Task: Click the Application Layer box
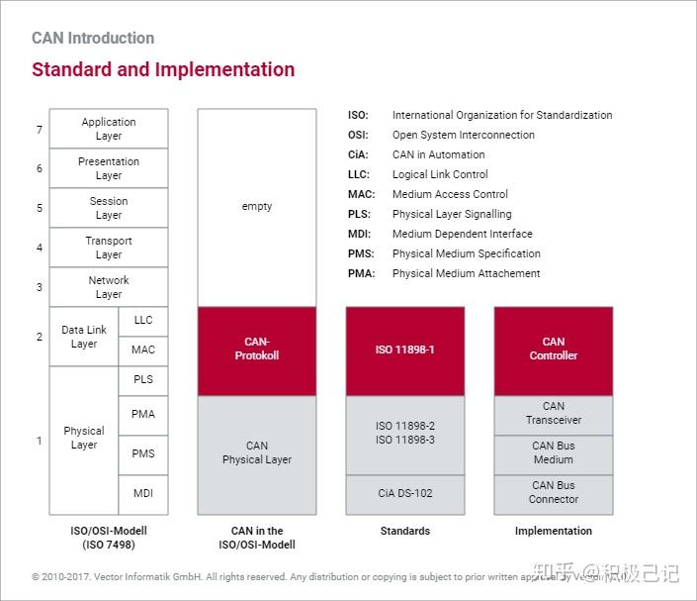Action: [109, 129]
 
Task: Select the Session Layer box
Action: [109, 208]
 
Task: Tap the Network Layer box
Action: [109, 287]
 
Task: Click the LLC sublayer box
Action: [143, 321]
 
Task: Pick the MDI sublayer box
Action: [143, 493]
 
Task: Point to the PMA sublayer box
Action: [143, 414]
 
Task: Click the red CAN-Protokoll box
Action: [257, 350]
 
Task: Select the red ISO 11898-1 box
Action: [405, 350]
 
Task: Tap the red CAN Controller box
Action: [554, 350]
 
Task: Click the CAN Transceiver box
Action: [554, 414]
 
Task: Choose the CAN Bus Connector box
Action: [554, 493]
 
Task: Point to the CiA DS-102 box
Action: [405, 493]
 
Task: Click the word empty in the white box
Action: [257, 206]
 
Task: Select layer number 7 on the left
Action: [40, 130]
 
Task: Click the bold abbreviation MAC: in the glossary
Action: [360, 194]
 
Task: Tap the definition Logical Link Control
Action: [440, 174]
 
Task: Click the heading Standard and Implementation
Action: [163, 69]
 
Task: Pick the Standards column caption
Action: [405, 531]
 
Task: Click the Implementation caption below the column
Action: [554, 531]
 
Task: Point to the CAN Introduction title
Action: [93, 39]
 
